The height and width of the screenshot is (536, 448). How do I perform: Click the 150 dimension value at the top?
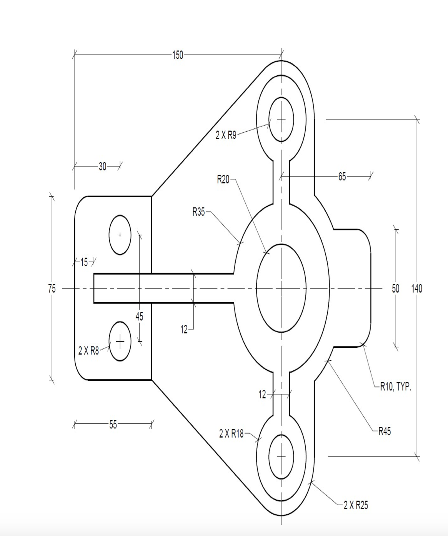pyautogui.click(x=177, y=55)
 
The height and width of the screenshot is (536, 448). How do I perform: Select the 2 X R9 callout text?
pyautogui.click(x=226, y=135)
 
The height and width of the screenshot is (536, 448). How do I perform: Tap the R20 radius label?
pyautogui.click(x=223, y=179)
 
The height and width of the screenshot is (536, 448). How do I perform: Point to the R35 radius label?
pyautogui.click(x=199, y=212)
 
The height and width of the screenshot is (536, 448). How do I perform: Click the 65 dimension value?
pyautogui.click(x=342, y=176)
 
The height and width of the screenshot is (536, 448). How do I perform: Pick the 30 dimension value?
pyautogui.click(x=102, y=166)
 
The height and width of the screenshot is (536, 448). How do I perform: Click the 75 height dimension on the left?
pyautogui.click(x=52, y=288)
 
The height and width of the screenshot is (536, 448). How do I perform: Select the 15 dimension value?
pyautogui.click(x=84, y=263)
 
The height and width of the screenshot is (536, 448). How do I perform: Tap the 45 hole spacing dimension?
pyautogui.click(x=139, y=316)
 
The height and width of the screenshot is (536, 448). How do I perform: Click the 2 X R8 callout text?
pyautogui.click(x=89, y=351)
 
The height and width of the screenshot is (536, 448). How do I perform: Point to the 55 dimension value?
pyautogui.click(x=113, y=425)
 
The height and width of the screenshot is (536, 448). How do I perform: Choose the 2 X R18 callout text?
pyautogui.click(x=231, y=434)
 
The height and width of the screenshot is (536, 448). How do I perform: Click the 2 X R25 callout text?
pyautogui.click(x=356, y=505)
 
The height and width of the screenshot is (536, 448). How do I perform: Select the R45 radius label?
pyautogui.click(x=385, y=431)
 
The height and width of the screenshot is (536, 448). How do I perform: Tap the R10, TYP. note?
pyautogui.click(x=396, y=387)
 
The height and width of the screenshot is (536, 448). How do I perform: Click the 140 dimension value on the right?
pyautogui.click(x=417, y=288)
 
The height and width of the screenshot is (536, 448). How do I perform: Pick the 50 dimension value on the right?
pyautogui.click(x=396, y=288)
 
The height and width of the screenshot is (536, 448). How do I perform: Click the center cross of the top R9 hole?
pyautogui.click(x=281, y=120)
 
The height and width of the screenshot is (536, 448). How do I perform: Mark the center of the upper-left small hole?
pyautogui.click(x=120, y=235)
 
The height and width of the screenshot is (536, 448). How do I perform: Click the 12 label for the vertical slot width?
pyautogui.click(x=262, y=395)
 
